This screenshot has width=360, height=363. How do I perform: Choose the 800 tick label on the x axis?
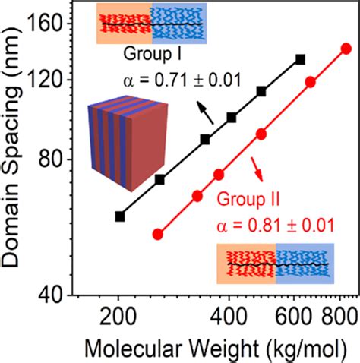[x=335, y=318]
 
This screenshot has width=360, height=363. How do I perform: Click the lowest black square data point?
[x=119, y=216]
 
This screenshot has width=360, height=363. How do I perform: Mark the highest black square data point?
[x=300, y=58]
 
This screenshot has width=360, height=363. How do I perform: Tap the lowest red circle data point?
[x=158, y=234]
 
